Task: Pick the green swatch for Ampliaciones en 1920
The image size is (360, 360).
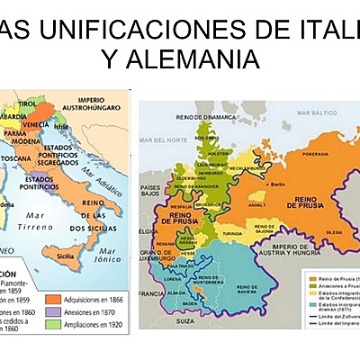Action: point(74,326)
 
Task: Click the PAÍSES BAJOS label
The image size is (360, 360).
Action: point(150,192)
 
